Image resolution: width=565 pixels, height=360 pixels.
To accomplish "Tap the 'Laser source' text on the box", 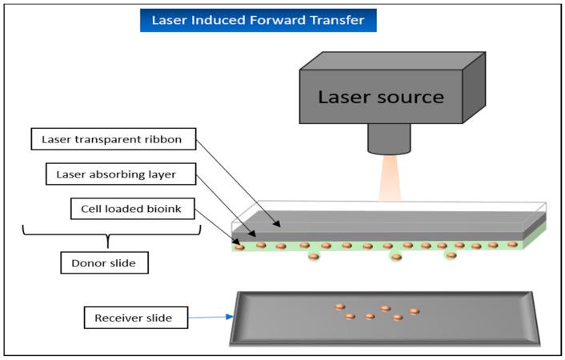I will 381,98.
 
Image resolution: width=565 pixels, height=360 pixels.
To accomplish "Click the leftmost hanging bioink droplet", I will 313,256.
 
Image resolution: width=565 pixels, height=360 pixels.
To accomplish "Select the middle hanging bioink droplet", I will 395,257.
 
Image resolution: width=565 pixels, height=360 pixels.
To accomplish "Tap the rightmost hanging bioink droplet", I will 451,256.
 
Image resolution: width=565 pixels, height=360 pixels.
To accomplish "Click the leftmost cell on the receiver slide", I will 339,306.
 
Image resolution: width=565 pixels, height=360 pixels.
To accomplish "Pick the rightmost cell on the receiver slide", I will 414,311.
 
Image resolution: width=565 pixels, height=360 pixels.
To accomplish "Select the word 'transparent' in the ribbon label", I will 116,140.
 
